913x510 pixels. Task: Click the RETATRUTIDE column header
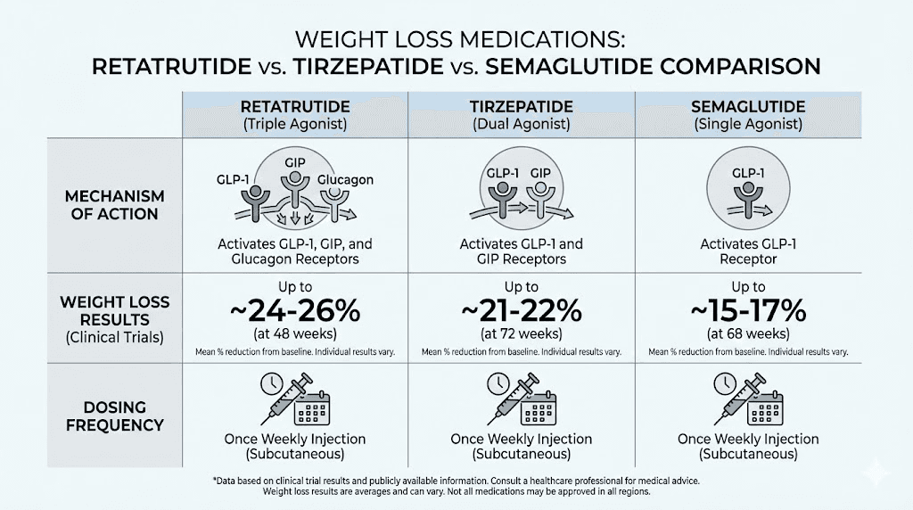pos(295,107)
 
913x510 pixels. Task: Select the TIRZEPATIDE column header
pos(522,107)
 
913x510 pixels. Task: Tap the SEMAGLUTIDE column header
pos(748,107)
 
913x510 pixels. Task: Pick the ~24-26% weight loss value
pos(295,311)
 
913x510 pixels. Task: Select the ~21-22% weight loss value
pos(522,311)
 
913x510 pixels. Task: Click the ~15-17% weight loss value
pos(748,311)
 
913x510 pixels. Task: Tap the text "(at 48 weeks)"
pos(295,334)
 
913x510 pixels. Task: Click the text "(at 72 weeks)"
pos(522,334)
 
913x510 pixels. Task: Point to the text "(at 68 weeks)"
pos(748,334)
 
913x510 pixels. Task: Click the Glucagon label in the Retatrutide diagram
pos(347,180)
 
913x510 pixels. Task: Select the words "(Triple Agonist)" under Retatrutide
pos(295,125)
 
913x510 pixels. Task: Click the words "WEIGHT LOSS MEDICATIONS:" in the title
pos(456,41)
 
